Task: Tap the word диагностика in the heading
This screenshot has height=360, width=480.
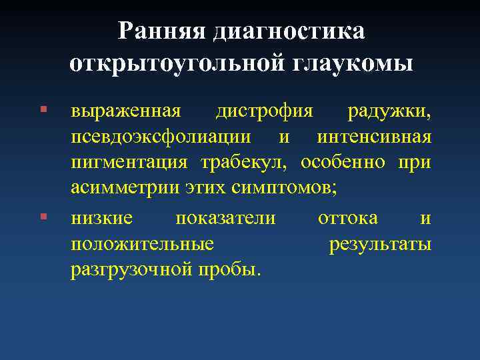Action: (x=289, y=32)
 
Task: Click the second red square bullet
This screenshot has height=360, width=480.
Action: (x=43, y=217)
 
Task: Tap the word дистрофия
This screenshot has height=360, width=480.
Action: (x=265, y=110)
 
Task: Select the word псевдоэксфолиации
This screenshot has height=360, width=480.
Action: (x=161, y=137)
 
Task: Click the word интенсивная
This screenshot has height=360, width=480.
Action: (x=375, y=137)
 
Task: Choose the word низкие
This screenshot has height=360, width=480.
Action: (x=102, y=218)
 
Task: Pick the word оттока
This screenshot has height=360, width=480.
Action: (x=348, y=218)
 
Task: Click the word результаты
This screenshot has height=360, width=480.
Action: (x=380, y=245)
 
